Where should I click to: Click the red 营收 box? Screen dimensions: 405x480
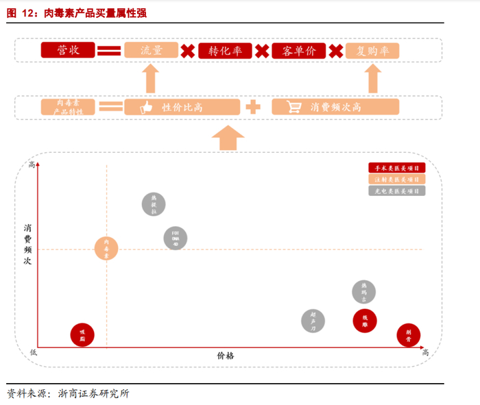pyautogui.click(x=67, y=51)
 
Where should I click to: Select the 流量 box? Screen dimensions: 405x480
pyautogui.click(x=151, y=51)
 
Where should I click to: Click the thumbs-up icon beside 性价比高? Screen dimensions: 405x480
pyautogui.click(x=146, y=107)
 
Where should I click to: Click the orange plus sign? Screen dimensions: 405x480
pyautogui.click(x=254, y=107)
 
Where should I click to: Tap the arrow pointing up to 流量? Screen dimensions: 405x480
pyautogui.click(x=151, y=79)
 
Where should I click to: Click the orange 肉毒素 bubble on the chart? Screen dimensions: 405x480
pyautogui.click(x=106, y=248)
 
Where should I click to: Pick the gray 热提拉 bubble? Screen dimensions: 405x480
pyautogui.click(x=154, y=204)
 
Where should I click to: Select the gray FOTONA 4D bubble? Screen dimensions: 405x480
pyautogui.click(x=176, y=238)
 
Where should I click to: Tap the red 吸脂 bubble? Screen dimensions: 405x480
pyautogui.click(x=82, y=335)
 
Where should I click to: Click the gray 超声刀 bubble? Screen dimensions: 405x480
pyautogui.click(x=313, y=321)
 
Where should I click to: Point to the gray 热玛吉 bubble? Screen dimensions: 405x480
pyautogui.click(x=364, y=292)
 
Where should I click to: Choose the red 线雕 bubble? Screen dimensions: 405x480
pyautogui.click(x=365, y=320)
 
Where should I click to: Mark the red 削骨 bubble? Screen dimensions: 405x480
pyautogui.click(x=409, y=335)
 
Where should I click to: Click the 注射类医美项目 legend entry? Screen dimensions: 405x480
pyautogui.click(x=396, y=179)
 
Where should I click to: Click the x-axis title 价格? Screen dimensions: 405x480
pyautogui.click(x=226, y=356)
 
